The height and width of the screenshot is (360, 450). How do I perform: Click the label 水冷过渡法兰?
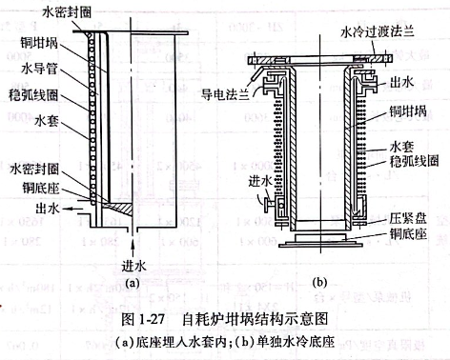(x=378, y=30)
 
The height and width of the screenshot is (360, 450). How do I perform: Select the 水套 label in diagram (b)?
(x=400, y=146)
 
